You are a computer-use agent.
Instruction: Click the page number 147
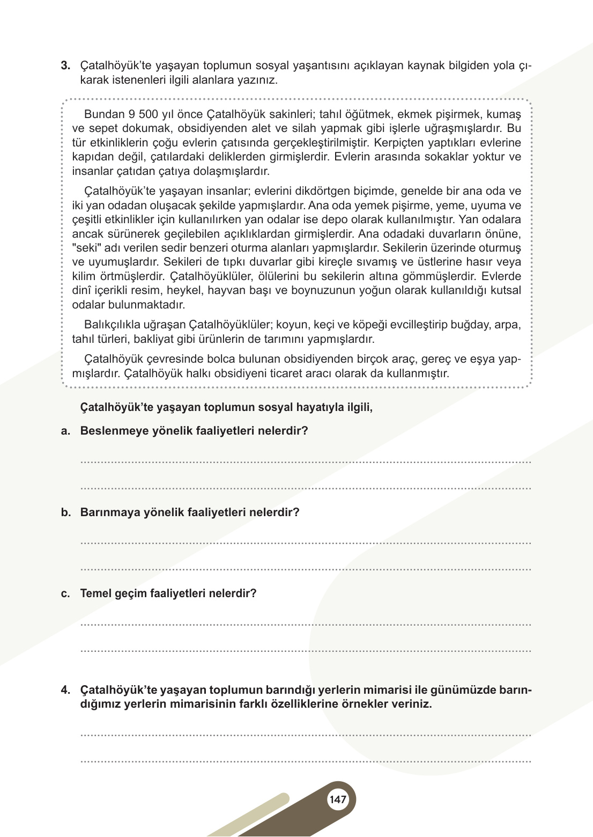pos(338,799)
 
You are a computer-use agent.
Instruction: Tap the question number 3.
pos(65,66)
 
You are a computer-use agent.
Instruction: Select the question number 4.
pos(65,690)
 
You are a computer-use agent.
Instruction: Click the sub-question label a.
pos(65,431)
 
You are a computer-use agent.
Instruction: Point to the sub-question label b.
pos(65,512)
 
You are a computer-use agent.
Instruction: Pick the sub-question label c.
pos(65,593)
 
